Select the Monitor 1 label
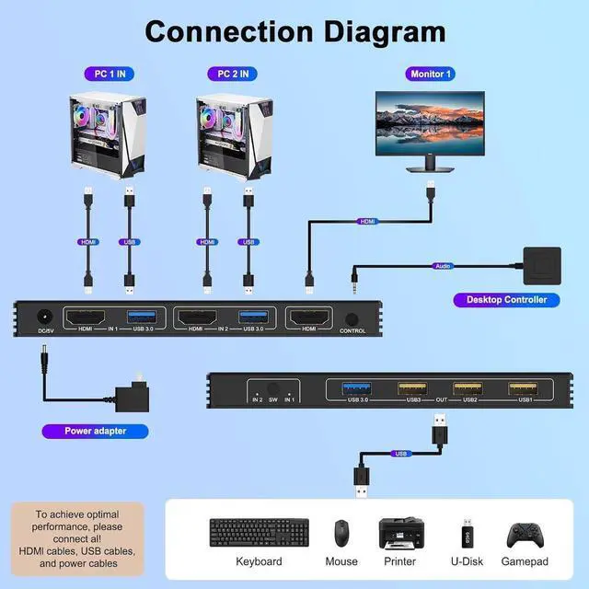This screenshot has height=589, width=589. coord(431,74)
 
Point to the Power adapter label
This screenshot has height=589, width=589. coord(95,430)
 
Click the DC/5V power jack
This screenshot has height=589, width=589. coord(42,318)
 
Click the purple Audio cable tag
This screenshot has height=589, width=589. coord(445,266)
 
